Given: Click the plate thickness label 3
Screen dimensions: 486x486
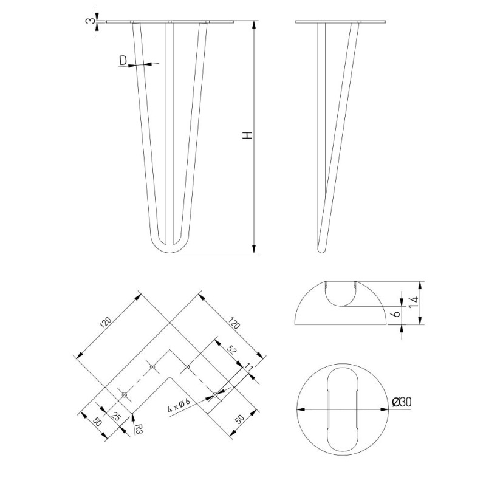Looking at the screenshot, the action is [89, 21].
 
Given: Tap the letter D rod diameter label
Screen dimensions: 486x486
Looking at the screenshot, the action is [123, 60].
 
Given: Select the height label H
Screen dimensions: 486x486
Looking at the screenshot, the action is [247, 135].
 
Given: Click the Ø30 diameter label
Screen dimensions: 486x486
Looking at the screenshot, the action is [402, 402].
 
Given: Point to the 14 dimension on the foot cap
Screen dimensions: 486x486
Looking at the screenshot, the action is [413, 302].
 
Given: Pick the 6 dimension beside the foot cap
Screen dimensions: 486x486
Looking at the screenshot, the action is [396, 313].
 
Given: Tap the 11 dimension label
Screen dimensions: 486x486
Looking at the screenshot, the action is [249, 368].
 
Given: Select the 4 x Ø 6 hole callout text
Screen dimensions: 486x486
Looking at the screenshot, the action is [179, 405].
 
